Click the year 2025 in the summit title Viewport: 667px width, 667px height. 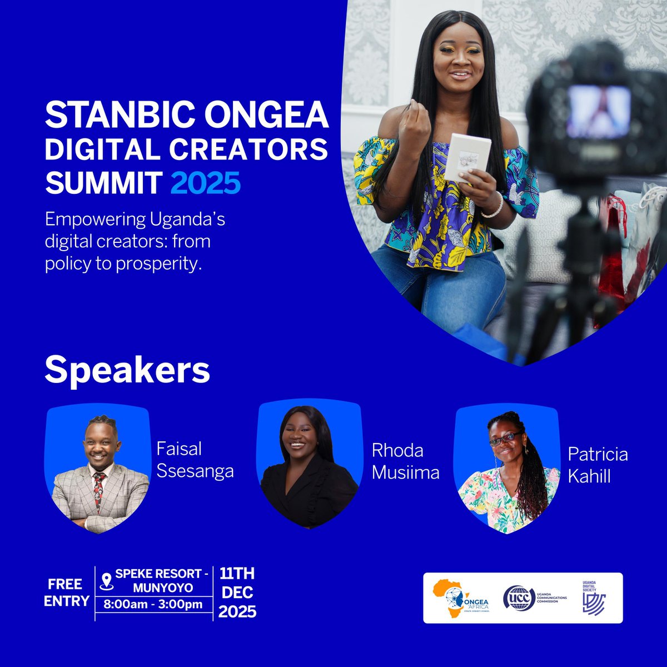tap(206, 183)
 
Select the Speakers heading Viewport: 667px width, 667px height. tap(127, 371)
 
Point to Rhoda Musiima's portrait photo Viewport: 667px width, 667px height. tap(309, 467)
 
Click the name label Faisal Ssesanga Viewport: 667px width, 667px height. tap(195, 460)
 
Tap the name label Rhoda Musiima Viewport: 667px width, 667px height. tap(405, 461)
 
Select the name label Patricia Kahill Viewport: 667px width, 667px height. tap(598, 465)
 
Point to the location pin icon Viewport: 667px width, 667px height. tap(106, 581)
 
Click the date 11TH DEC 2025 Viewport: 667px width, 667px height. tap(237, 593)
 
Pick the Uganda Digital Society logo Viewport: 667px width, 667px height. tap(593, 598)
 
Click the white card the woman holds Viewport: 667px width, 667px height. tap(467, 157)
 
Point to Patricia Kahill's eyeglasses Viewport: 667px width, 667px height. tap(505, 439)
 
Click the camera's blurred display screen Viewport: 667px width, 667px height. tap(598, 111)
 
